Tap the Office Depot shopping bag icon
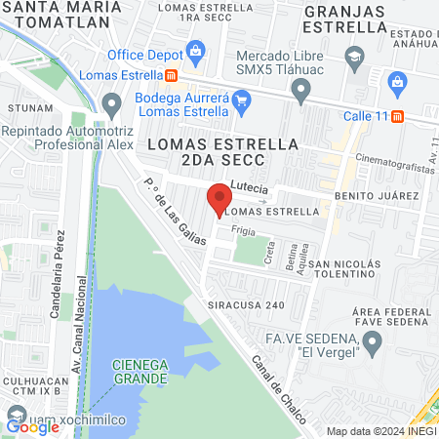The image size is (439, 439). [x=195, y=51]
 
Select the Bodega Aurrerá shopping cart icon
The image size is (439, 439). [x=243, y=99]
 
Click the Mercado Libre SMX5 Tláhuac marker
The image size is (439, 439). [x=301, y=92]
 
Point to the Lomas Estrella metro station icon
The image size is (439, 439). [x=172, y=75]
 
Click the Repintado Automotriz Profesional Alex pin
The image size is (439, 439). [x=112, y=102]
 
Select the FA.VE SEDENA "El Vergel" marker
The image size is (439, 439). [x=371, y=341]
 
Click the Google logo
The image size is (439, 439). [x=32, y=426]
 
